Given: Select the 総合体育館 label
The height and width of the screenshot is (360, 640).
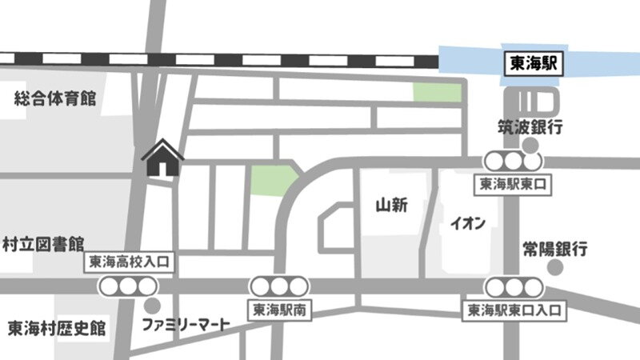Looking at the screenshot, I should tap(55, 98).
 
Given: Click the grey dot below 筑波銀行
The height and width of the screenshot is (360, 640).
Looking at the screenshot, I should tap(530, 145).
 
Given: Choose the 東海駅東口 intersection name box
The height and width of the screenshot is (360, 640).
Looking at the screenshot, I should tap(513, 183).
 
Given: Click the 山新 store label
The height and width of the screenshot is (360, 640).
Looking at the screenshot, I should tap(392, 206).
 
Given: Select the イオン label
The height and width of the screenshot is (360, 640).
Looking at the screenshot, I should tap(468, 223).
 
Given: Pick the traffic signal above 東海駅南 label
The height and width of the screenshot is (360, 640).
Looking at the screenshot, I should tap(278, 286).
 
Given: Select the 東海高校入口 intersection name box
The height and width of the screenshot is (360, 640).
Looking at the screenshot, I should tap(128, 262).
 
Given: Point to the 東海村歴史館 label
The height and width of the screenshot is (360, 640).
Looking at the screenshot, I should tap(57, 328).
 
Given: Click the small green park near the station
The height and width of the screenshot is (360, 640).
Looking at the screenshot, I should tap(437, 92).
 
